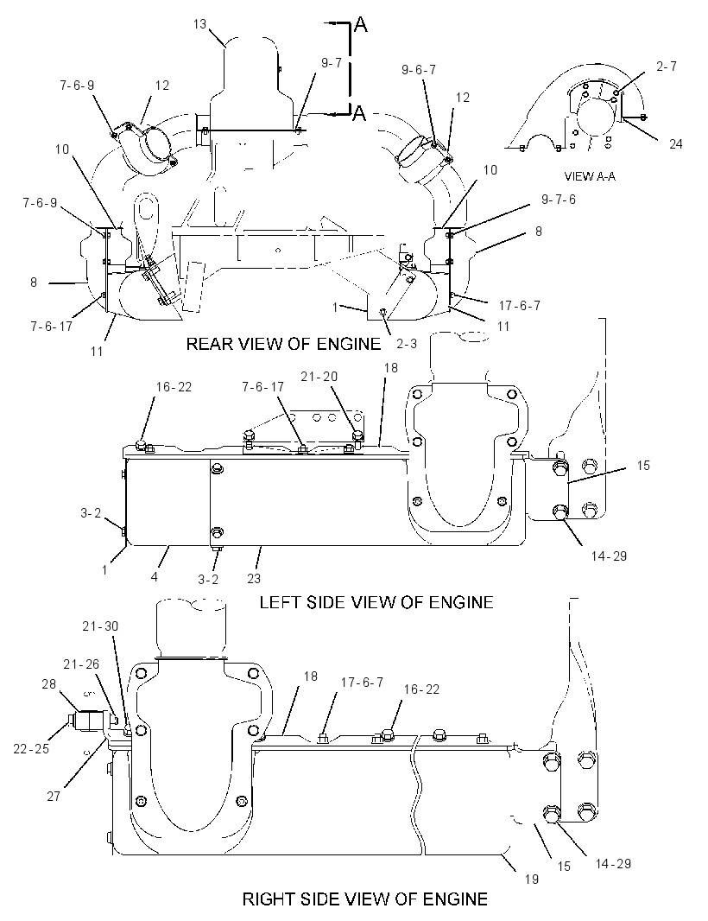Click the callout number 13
[x=199, y=24]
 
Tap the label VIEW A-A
[x=590, y=176]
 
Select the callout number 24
[x=676, y=143]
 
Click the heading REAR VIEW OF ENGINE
[x=283, y=344]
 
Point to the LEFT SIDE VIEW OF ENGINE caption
[x=376, y=602]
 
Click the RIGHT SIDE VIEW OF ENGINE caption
[x=364, y=899]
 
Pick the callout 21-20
[x=319, y=377]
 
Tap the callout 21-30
[x=100, y=626]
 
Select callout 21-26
[x=82, y=664]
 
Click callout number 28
[x=48, y=683]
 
